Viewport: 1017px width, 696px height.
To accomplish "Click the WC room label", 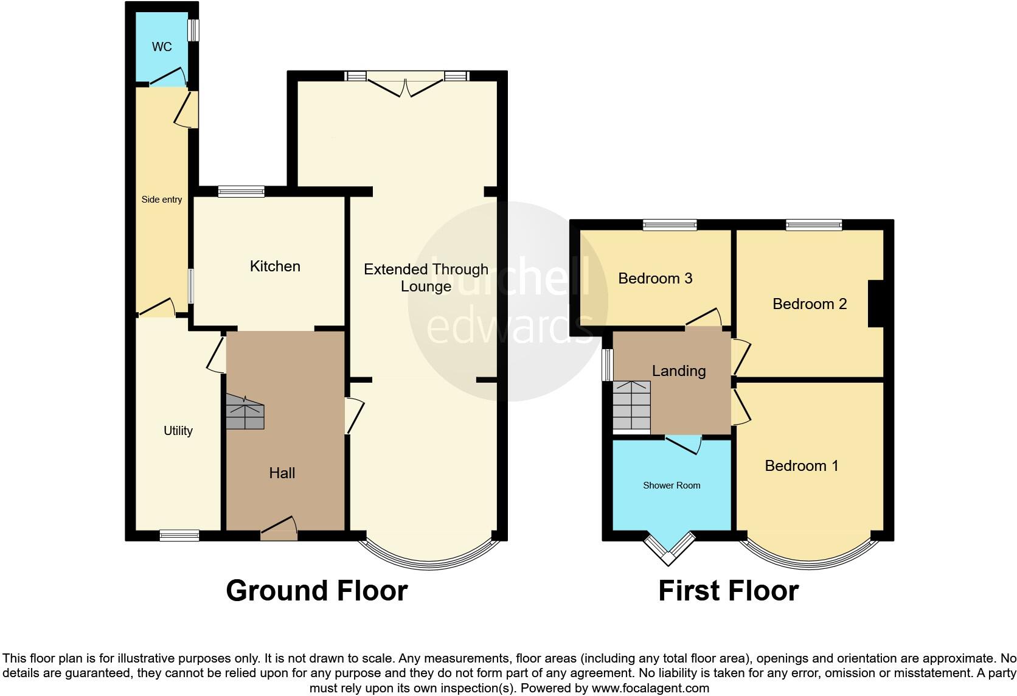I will click(x=162, y=47).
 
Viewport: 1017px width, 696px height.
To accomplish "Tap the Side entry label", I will click(x=162, y=200).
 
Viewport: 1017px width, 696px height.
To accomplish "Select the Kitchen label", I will click(x=275, y=266).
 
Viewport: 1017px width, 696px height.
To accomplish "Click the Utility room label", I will click(x=178, y=431).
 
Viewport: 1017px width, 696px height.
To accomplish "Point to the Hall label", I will click(x=282, y=473).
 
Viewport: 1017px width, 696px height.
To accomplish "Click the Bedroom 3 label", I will click(x=655, y=279).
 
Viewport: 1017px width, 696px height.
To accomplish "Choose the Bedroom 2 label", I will click(x=810, y=304).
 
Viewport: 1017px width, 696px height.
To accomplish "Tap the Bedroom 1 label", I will click(x=801, y=466).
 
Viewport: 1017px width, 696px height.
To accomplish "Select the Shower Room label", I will click(x=672, y=485).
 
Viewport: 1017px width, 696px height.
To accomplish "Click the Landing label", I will click(x=679, y=371).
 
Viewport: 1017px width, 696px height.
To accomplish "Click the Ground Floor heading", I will click(x=316, y=591).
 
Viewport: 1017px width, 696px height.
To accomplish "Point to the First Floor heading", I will click(x=728, y=591).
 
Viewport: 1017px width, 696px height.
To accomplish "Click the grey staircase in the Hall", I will click(x=246, y=412).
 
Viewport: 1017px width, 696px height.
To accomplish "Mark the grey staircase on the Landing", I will click(x=631, y=405).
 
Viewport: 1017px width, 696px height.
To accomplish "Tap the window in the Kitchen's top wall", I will click(x=241, y=192).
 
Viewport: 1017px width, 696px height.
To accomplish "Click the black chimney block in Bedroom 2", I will click(x=876, y=303).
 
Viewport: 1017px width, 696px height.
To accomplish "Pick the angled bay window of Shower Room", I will click(x=670, y=548).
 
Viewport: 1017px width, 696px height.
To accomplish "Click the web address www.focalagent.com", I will click(x=650, y=689).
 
